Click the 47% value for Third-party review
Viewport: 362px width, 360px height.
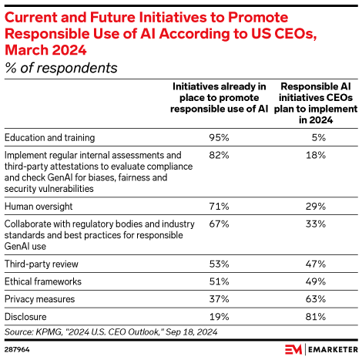(x=319, y=264)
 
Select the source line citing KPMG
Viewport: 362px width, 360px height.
(x=110, y=332)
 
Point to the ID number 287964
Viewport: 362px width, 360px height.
(x=17, y=349)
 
